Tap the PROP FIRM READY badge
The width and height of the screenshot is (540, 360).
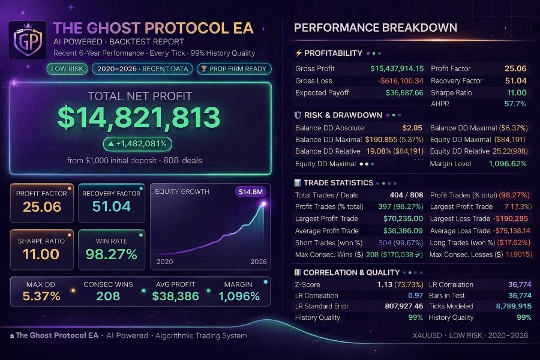pos(233,69)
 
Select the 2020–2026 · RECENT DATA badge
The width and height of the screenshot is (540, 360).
pos(142,69)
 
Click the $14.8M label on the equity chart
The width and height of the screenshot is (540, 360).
pos(250,192)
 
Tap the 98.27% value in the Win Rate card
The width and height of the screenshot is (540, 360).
pos(111,254)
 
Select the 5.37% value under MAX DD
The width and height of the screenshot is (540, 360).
pos(41,296)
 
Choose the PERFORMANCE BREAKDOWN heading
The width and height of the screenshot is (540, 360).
pos(376,28)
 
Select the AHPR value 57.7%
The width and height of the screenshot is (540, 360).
pos(515,104)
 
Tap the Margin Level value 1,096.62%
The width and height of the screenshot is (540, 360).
pos(507,163)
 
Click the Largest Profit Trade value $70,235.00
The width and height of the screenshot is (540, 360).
pos(403,219)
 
